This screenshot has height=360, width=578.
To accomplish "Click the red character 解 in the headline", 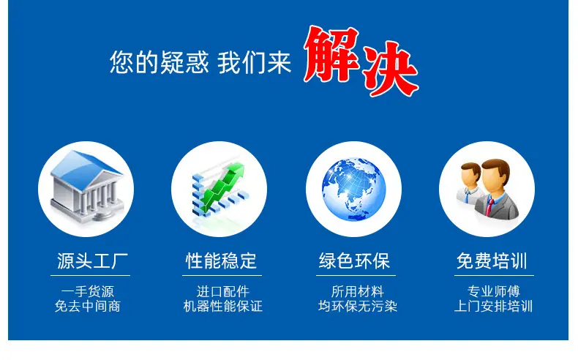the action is click(x=331, y=54).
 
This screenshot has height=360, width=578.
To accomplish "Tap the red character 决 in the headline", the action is click(x=391, y=68).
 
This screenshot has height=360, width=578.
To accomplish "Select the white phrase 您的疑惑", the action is click(x=159, y=62).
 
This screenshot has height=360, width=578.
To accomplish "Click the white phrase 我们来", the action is click(x=255, y=62).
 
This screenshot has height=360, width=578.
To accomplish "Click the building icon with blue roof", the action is click(x=87, y=186).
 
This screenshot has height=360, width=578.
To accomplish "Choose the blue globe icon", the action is click(x=353, y=190).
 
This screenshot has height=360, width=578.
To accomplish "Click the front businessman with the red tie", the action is click(x=497, y=189).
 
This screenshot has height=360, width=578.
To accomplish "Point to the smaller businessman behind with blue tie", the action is click(x=470, y=183).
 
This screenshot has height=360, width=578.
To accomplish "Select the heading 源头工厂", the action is click(x=92, y=261).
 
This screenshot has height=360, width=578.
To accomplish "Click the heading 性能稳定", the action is click(x=221, y=261).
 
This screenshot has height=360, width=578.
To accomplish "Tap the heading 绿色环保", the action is click(x=355, y=261).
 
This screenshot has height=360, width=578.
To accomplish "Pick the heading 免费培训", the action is click(x=492, y=261).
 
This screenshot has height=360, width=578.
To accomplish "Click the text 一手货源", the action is click(x=88, y=291).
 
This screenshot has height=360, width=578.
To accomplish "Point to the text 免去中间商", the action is click(x=88, y=306).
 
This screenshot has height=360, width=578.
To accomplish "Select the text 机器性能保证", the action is click(x=223, y=306).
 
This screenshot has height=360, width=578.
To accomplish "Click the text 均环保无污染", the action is click(x=358, y=306).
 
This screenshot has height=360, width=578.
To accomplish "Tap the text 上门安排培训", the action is click(x=494, y=306).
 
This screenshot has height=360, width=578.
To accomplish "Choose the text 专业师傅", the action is click(x=494, y=291).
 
